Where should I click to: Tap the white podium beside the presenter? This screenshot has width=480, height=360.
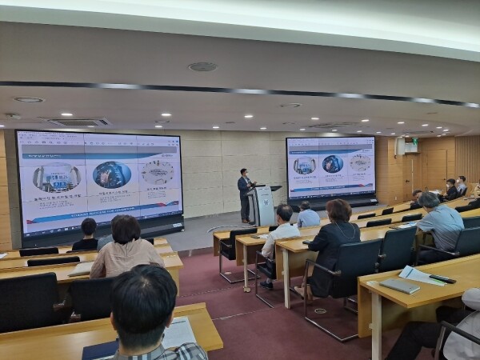tap(264, 206)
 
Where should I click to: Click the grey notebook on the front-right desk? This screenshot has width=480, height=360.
tap(399, 286)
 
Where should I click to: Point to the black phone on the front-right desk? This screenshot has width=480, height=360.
tap(442, 279)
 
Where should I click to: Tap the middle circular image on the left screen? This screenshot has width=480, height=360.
tap(111, 174)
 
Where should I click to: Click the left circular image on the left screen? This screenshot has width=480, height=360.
tap(56, 176)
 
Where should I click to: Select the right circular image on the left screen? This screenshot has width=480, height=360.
tap(157, 171)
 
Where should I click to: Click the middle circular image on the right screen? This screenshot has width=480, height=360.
tap(333, 164)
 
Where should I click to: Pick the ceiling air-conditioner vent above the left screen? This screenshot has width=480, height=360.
tap(78, 122)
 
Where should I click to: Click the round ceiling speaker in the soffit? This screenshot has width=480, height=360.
tap(202, 66)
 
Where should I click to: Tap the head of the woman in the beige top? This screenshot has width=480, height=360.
tap(126, 229)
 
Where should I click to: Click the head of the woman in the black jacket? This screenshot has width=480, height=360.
tap(338, 211)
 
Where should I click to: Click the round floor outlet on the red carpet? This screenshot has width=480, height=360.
tap(320, 310)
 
